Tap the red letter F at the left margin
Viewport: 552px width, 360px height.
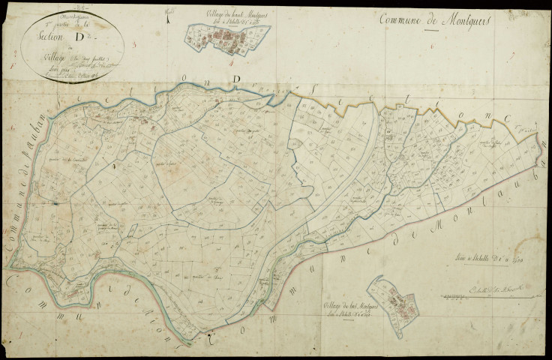pyautogui.click(x=15, y=66)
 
